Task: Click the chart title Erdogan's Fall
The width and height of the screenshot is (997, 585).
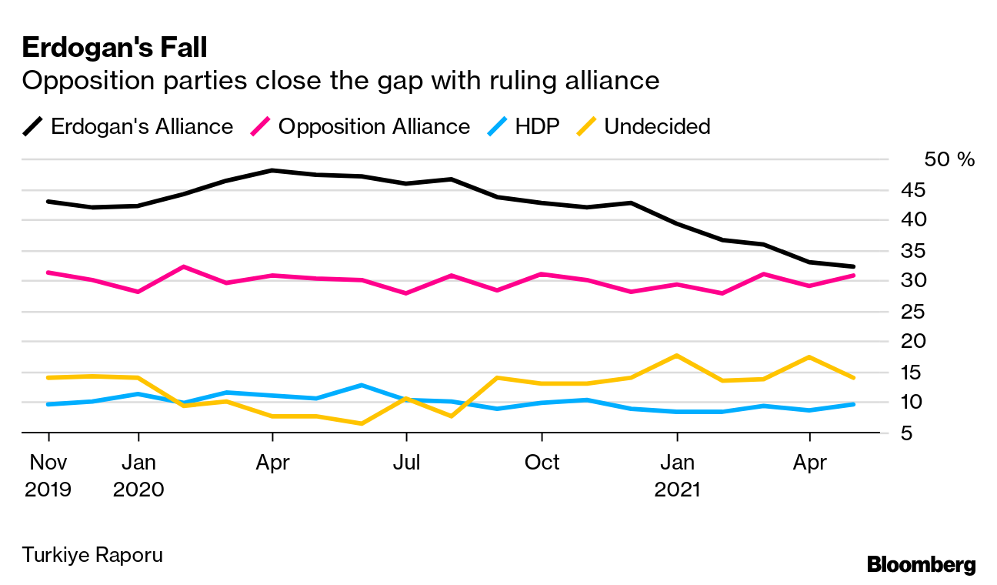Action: [x=115, y=48]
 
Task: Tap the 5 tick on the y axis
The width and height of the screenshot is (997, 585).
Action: [x=944, y=433]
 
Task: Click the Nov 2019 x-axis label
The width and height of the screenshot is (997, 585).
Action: [x=48, y=475]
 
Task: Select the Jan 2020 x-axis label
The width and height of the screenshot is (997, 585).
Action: [x=138, y=475]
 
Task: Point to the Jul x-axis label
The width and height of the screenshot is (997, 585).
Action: [x=405, y=463]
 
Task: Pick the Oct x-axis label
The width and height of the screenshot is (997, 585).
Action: [x=542, y=463]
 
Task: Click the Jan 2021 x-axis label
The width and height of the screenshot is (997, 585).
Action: [x=677, y=475]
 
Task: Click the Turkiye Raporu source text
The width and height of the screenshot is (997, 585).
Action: [x=92, y=555]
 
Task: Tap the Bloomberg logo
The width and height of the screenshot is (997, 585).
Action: [x=921, y=564]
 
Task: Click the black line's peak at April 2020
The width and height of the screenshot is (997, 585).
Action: [x=272, y=170]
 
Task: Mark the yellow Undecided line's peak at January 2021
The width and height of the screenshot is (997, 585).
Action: [x=677, y=356]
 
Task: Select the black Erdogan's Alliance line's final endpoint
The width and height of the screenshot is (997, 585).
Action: [x=853, y=266]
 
